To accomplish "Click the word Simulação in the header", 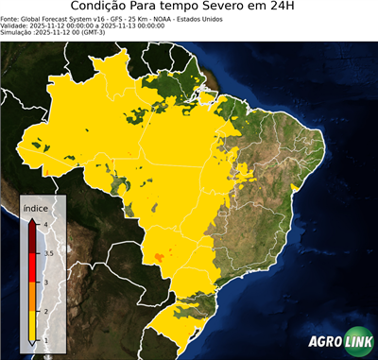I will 18,33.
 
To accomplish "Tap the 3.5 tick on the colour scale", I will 48,253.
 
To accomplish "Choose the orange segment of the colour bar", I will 34,297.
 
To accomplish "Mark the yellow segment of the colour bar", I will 34,326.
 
